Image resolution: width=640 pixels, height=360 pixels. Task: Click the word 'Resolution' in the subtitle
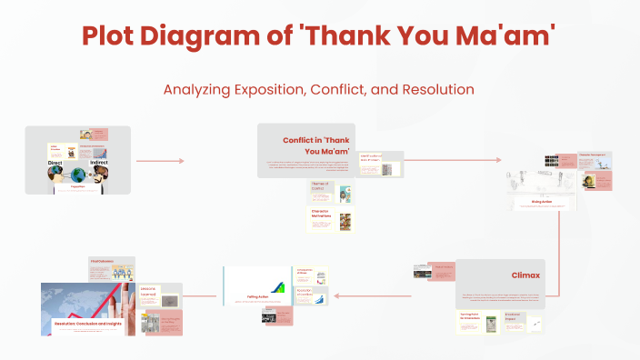pos(426,90)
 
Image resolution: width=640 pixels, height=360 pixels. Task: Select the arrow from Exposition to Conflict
pos(160,161)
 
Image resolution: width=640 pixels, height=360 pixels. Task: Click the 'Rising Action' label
pos(542,203)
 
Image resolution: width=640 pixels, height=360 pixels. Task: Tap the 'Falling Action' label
pos(259,295)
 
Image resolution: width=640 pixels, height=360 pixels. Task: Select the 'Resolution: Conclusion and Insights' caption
pos(88,323)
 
